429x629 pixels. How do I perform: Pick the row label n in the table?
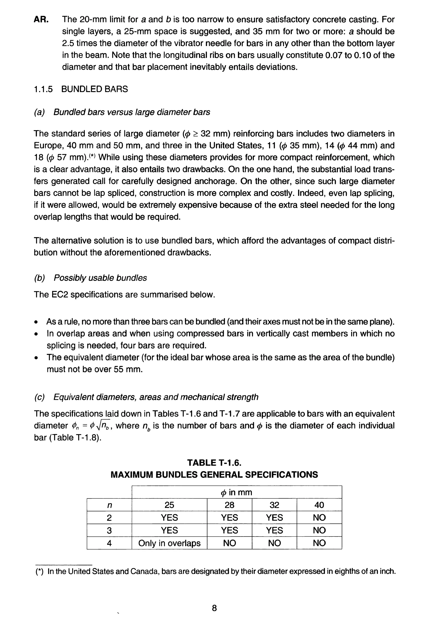click(109, 505)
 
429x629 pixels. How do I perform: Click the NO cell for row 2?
click(319, 517)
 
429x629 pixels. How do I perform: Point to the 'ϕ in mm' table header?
click(236, 492)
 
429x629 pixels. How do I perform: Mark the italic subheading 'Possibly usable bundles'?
click(100, 278)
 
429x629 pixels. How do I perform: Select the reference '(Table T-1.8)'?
click(67, 437)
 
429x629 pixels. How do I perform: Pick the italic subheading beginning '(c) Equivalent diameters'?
click(146, 397)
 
